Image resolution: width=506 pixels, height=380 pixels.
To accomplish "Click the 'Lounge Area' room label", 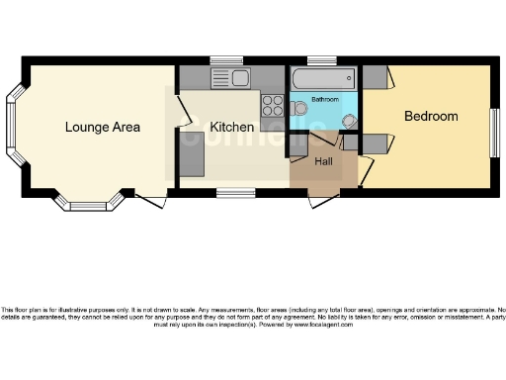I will [103, 127].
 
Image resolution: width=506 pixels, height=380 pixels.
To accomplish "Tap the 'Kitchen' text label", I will [231, 128].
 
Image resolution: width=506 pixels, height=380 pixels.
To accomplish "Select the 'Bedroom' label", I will [431, 117].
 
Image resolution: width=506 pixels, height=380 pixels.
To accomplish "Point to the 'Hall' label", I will [324, 160].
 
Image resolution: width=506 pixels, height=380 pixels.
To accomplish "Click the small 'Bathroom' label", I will [325, 100].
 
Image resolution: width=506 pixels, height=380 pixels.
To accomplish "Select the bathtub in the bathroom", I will [323, 78].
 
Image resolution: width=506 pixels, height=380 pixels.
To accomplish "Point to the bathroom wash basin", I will [349, 120].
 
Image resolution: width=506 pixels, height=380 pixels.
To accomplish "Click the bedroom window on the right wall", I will [494, 130].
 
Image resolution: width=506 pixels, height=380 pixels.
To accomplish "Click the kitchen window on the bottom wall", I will [232, 190].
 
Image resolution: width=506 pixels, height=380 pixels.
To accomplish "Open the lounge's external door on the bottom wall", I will [150, 201].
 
